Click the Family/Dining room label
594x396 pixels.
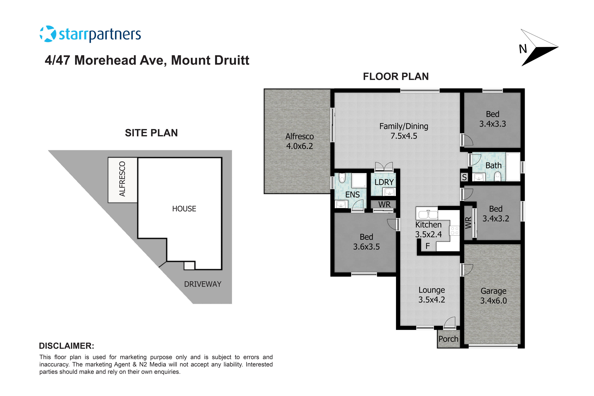pos(404,126)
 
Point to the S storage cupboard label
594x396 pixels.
pos(464,177)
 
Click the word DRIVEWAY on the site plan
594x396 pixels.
pos(203,284)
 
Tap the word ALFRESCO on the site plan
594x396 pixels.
pos(122,179)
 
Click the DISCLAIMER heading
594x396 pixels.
pos(66,346)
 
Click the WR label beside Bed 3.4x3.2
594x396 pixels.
pos(468,223)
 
